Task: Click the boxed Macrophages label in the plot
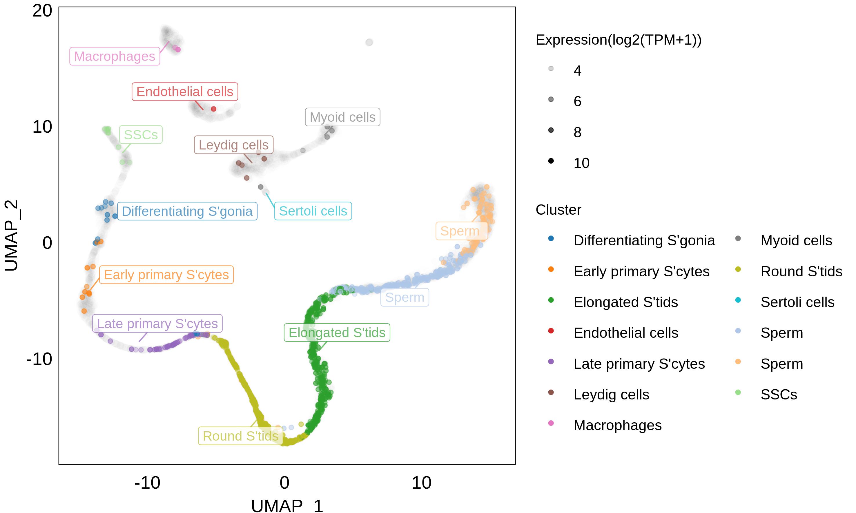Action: (x=115, y=56)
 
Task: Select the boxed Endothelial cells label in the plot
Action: (x=185, y=92)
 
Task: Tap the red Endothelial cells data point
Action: (x=213, y=109)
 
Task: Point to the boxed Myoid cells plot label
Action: (x=342, y=117)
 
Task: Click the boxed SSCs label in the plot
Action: (x=141, y=134)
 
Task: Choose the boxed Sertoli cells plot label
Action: (x=313, y=211)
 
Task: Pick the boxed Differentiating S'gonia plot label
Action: (x=187, y=211)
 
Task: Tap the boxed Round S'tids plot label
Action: (x=240, y=436)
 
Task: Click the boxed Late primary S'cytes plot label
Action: (x=157, y=324)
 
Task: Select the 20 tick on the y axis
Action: (x=42, y=11)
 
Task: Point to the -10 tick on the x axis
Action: (x=147, y=483)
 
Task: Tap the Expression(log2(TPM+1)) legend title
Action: (x=618, y=40)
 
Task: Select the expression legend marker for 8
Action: (x=551, y=130)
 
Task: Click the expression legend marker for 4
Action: (x=551, y=69)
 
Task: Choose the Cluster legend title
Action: (x=558, y=210)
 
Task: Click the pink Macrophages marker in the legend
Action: (x=551, y=423)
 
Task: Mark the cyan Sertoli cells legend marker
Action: (x=738, y=300)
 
